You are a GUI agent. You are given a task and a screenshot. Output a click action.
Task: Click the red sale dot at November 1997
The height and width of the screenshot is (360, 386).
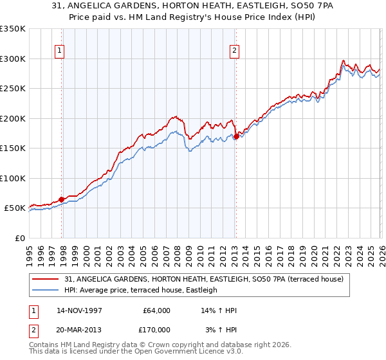[62, 199]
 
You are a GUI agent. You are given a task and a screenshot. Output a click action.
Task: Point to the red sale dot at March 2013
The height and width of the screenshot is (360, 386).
[236, 136]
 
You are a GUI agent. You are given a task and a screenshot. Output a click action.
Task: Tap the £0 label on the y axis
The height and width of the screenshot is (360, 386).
[19, 238]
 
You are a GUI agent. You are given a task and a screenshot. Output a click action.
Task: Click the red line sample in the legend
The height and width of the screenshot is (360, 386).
[46, 279]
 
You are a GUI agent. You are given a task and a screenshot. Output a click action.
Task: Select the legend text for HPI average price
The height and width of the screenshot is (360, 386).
[141, 290]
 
